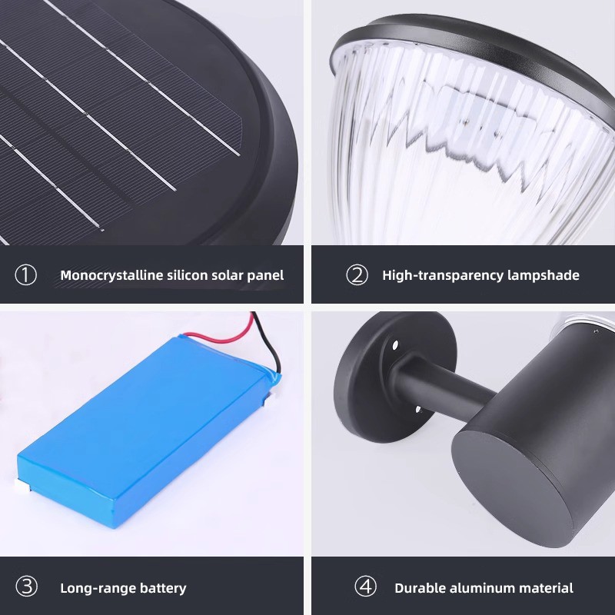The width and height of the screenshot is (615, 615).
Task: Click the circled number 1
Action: pos(26,275)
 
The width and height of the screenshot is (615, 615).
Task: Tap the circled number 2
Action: pos(357,275)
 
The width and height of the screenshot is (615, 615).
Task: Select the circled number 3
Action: pos(27,587)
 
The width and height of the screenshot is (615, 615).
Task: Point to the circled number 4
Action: pos(366,587)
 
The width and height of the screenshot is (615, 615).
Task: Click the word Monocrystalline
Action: pos(111,275)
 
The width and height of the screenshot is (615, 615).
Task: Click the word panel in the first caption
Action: pos(265,276)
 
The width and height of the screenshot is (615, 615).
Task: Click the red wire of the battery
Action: pos(220,334)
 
